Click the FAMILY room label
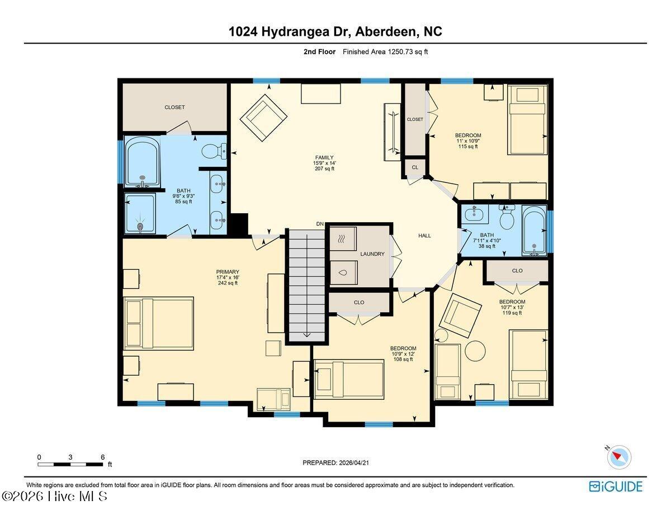coord(324,157)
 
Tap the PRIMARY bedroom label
coord(228,272)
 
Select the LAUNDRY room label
coord(372,254)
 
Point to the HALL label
coord(424,236)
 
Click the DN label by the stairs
coord(320,224)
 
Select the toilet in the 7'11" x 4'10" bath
coord(507,217)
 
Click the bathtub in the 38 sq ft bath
coord(534,231)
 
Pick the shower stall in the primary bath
coord(140,213)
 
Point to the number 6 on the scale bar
coord(103,457)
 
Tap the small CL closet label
coord(415,167)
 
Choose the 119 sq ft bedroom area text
coord(512,313)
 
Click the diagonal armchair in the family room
coord(263,118)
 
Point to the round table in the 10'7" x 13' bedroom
coord(475,351)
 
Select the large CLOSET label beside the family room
coord(174,107)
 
